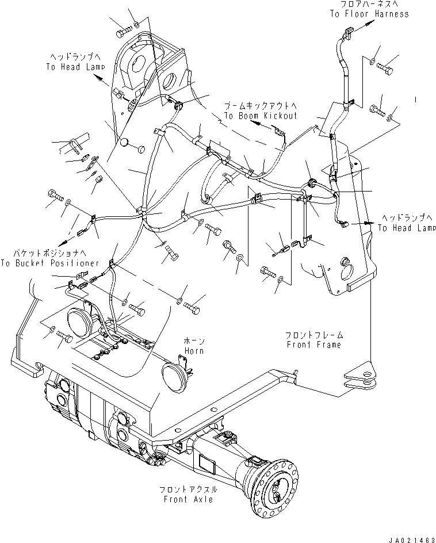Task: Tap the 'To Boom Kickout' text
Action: (x=261, y=116)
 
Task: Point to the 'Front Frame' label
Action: (x=315, y=345)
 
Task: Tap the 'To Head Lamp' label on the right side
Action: (x=407, y=228)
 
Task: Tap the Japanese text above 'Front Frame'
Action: (x=315, y=334)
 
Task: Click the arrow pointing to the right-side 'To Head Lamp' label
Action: (x=363, y=222)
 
